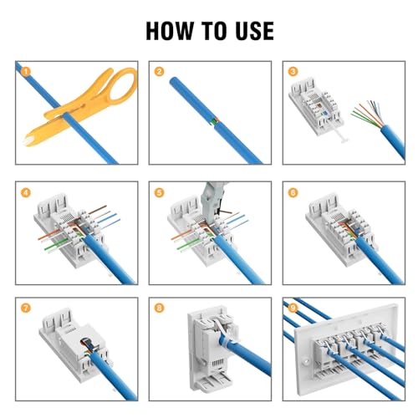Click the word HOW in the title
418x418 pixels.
170,31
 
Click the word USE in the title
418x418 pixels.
254,31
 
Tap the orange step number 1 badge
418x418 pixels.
26,72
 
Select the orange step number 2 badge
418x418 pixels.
159,72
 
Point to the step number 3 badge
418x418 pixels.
293,72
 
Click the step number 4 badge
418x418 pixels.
26,192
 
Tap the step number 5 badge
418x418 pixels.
159,192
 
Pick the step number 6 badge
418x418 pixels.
293,192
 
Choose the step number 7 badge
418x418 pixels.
26,308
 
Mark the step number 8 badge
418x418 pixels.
159,308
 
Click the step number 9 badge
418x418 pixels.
293,308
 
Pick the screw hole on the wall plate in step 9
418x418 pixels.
307,361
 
